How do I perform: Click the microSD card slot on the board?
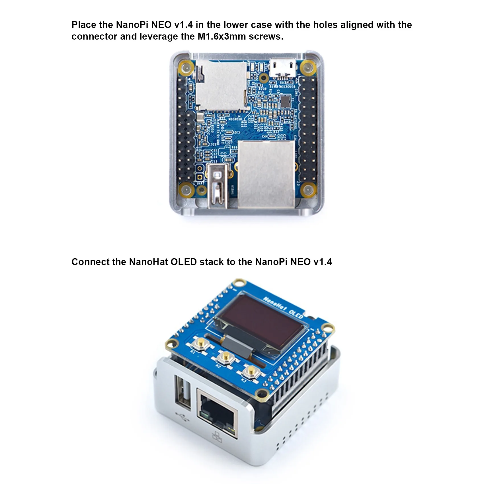point(221,85)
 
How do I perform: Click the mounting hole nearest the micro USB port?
point(307,68)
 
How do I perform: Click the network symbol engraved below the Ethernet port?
point(217,437)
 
